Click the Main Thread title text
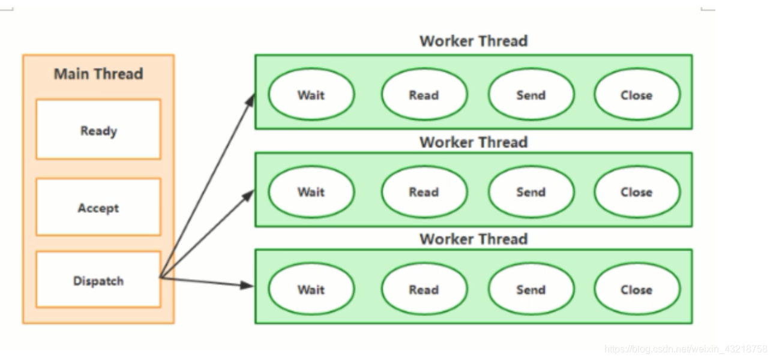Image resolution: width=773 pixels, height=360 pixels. (x=98, y=74)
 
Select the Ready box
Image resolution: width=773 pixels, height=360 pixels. (x=98, y=130)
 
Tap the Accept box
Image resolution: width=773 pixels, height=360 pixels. (x=98, y=207)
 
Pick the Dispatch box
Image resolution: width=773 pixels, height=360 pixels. (x=98, y=279)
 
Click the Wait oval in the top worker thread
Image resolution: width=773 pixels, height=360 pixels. (x=311, y=94)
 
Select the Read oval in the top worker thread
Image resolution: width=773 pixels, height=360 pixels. (x=424, y=94)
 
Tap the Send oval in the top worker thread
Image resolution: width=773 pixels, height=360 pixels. (x=531, y=94)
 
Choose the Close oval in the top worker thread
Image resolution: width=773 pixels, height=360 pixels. (x=637, y=94)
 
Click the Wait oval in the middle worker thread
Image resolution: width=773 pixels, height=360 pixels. (x=311, y=192)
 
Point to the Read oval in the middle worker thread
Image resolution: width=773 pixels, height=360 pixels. (x=424, y=192)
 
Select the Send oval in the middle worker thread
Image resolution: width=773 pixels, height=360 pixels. (x=531, y=192)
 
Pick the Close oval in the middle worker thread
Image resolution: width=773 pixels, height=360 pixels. (x=637, y=192)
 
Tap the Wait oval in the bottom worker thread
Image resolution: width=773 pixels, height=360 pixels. (x=311, y=289)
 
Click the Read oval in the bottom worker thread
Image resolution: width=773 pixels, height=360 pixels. (x=424, y=289)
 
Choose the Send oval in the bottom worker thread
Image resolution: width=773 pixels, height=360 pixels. (x=531, y=289)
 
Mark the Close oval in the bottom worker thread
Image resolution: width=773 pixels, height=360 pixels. (x=637, y=289)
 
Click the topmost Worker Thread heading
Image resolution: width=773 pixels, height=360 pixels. (x=474, y=41)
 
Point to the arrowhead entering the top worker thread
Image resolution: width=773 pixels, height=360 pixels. (x=250, y=100)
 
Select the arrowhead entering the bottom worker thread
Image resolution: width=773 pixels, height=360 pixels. (x=247, y=285)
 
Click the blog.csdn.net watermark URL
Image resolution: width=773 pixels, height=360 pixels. (x=685, y=349)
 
